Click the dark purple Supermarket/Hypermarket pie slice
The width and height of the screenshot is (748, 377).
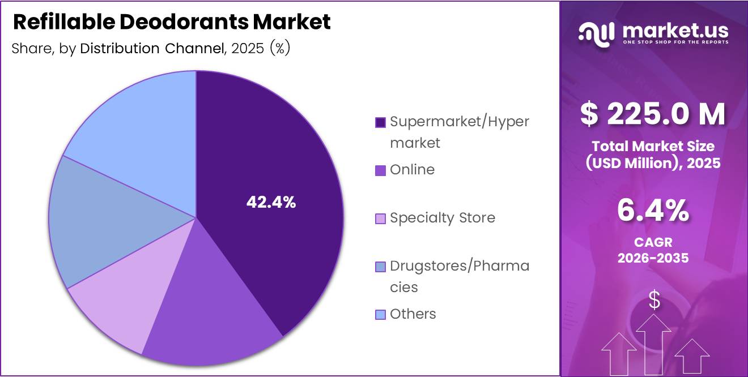click(x=272, y=170)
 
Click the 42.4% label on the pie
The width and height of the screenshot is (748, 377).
click(x=271, y=202)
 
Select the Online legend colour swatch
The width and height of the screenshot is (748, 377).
click(x=381, y=170)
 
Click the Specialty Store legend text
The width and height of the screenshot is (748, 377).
click(x=442, y=218)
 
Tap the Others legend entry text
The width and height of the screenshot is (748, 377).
click(x=413, y=314)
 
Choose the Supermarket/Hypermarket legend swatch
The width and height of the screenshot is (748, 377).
click(x=381, y=122)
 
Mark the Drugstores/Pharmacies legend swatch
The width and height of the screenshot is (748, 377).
click(x=381, y=266)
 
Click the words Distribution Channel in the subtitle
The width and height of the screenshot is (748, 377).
click(x=152, y=49)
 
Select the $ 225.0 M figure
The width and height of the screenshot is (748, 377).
click(x=653, y=114)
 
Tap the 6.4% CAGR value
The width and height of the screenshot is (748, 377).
click(x=653, y=212)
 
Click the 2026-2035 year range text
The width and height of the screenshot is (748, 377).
click(x=653, y=258)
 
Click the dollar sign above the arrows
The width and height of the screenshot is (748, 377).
click(x=654, y=300)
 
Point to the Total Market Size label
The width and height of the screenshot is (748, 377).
click(x=653, y=146)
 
